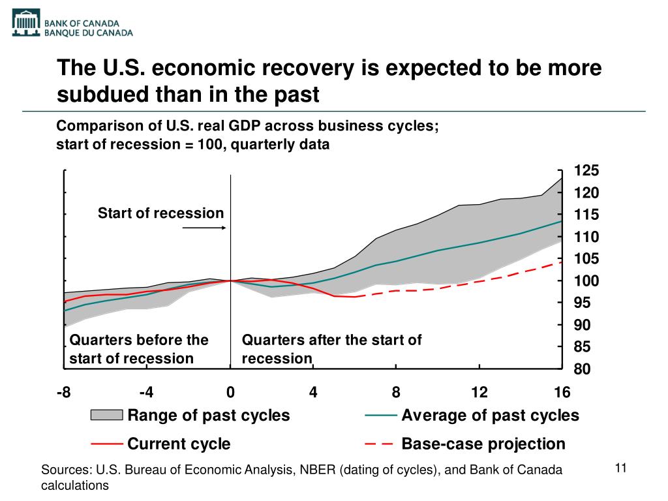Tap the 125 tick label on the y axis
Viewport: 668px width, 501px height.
pyautogui.click(x=586, y=171)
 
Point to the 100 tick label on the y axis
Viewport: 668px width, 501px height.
pyautogui.click(x=586, y=281)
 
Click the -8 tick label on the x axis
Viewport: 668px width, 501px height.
pyautogui.click(x=64, y=392)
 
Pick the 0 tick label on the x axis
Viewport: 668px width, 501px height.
pyautogui.click(x=230, y=392)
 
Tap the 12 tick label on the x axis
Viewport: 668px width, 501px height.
pyautogui.click(x=479, y=392)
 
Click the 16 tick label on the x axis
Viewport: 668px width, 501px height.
pyautogui.click(x=562, y=392)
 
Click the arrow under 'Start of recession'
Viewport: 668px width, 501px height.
pyautogui.click(x=204, y=228)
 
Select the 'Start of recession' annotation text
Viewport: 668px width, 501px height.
pyautogui.click(x=160, y=213)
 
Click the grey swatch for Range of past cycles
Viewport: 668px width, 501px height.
pyautogui.click(x=106, y=416)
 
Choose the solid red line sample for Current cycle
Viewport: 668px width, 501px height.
pyautogui.click(x=106, y=444)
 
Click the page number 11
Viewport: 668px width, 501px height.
pyautogui.click(x=620, y=468)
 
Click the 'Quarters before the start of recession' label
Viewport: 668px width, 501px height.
pyautogui.click(x=138, y=349)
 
